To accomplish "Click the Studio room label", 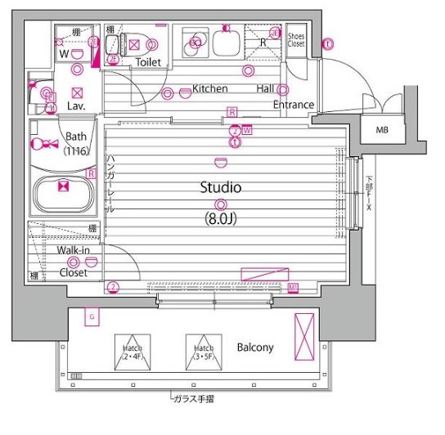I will click(221, 187).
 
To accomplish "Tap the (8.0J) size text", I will click(221, 219).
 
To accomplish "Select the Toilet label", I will click(148, 62).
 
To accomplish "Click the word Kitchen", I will click(209, 88).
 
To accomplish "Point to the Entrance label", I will click(293, 105).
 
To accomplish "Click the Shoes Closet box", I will click(295, 39).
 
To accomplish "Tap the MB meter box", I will click(382, 130).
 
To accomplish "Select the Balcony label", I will click(255, 348).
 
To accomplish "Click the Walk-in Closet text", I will click(73, 262).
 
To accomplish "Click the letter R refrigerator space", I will click(262, 43).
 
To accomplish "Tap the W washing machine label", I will click(63, 55).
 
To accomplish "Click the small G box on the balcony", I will click(92, 316).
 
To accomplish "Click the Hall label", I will click(265, 88).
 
